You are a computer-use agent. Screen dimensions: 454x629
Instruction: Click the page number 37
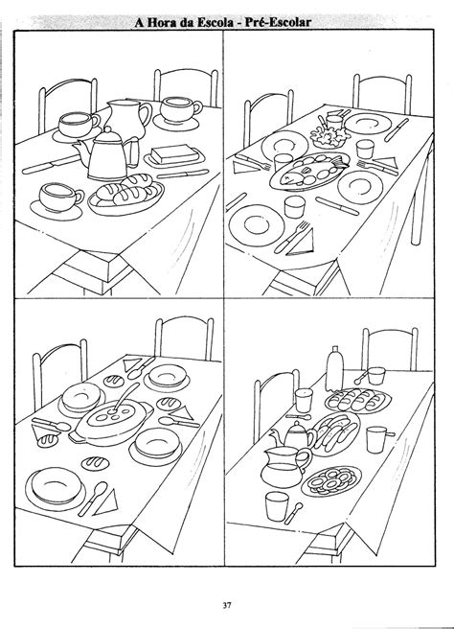pyautogui.click(x=227, y=606)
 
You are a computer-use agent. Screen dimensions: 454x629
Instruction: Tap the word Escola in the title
pyautogui.click(x=216, y=22)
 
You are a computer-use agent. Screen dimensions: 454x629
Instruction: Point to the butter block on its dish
pyautogui.click(x=175, y=154)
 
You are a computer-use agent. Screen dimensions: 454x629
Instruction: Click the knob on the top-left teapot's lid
pyautogui.click(x=108, y=129)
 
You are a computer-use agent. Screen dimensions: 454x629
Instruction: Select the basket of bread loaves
pyautogui.click(x=126, y=194)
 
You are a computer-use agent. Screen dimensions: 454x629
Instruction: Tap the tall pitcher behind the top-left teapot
pyautogui.click(x=127, y=117)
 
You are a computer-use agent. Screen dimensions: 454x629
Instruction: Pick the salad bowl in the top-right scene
pyautogui.click(x=329, y=136)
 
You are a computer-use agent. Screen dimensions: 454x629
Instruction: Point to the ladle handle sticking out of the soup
pyautogui.click(x=126, y=395)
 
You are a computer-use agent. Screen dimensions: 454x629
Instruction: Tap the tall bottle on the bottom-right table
pyautogui.click(x=334, y=368)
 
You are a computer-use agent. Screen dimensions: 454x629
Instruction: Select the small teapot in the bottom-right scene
pyautogui.click(x=293, y=435)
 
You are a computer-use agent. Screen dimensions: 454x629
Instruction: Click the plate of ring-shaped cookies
pyautogui.click(x=331, y=480)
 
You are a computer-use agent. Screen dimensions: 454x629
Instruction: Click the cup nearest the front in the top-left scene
pyautogui.click(x=60, y=198)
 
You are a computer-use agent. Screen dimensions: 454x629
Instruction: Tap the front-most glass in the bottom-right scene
pyautogui.click(x=277, y=506)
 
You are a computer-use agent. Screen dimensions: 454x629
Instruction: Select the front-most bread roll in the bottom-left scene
pyautogui.click(x=96, y=463)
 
